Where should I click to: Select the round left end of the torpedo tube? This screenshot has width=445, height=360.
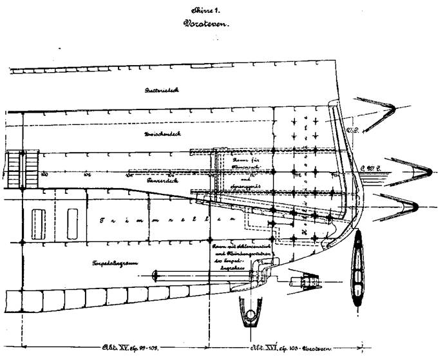click(156, 276)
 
